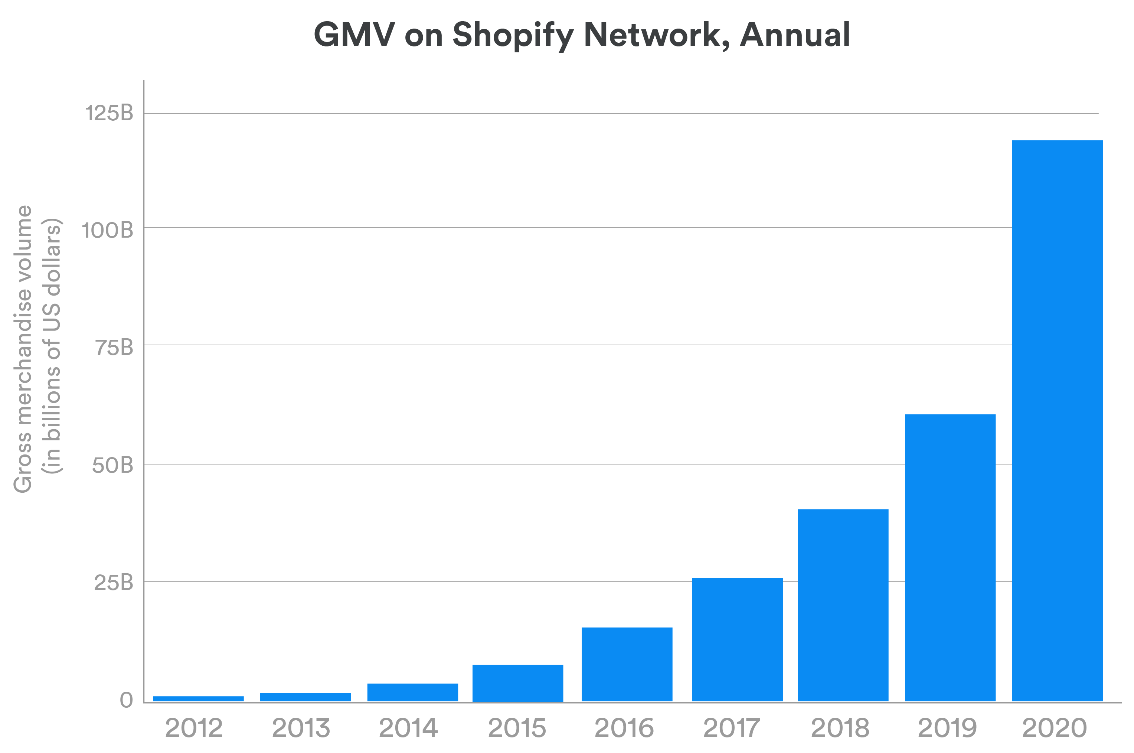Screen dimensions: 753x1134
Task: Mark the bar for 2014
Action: [x=412, y=692]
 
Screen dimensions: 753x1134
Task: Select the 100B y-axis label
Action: [x=107, y=231]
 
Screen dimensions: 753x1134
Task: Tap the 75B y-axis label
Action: [x=114, y=348]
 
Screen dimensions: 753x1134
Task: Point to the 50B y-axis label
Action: [x=112, y=465]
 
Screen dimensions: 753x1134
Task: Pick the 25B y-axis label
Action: [x=113, y=583]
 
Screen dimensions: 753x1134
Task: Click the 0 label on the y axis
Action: [x=126, y=700]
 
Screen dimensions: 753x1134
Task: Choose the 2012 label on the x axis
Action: [x=194, y=728]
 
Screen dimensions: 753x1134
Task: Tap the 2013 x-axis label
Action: [x=301, y=728]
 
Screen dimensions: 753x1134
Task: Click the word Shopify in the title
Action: [x=513, y=36]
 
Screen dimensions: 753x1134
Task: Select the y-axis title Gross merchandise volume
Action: [x=23, y=349]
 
